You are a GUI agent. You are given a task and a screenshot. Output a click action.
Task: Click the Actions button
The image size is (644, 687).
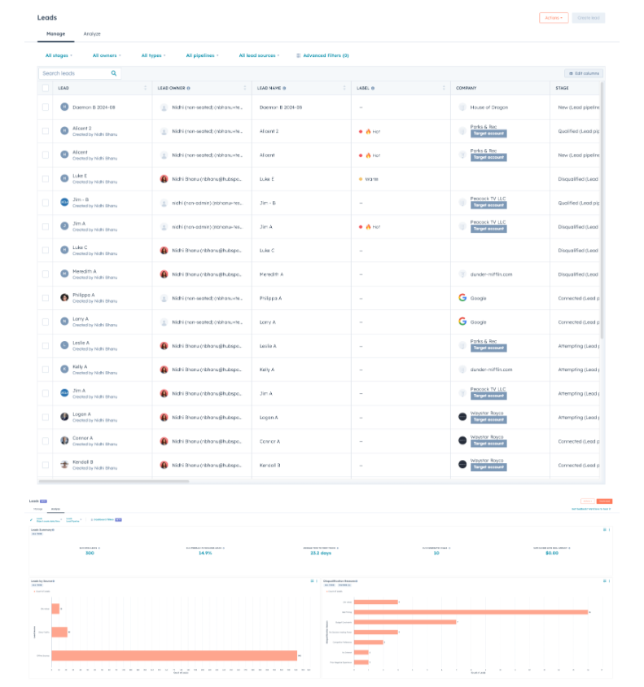click(554, 17)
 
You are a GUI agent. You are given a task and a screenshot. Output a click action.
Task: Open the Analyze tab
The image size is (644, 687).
click(92, 34)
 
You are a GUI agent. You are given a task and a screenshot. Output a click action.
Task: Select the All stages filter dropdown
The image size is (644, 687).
click(59, 55)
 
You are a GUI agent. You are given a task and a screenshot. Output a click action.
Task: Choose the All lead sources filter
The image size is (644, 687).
click(258, 55)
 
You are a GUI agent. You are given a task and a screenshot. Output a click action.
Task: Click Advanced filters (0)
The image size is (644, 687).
click(322, 55)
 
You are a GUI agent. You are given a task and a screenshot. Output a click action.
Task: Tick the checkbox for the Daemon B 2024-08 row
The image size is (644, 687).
click(46, 107)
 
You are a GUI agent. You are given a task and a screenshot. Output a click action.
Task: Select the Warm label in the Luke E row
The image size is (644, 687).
click(370, 179)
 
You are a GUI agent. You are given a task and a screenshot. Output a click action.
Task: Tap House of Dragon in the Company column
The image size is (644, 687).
click(489, 107)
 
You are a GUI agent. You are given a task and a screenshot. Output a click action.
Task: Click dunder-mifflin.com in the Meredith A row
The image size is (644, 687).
click(491, 274)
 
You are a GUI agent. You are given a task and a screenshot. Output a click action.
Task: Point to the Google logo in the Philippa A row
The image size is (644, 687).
click(462, 298)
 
